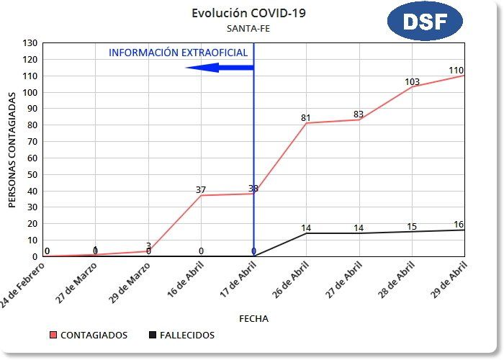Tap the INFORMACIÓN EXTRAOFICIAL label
(178, 53)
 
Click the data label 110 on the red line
(456, 70)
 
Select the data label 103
(412, 82)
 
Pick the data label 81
(306, 118)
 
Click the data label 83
(359, 114)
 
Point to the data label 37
(201, 190)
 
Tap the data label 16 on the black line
(459, 225)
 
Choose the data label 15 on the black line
(412, 227)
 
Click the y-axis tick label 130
(30, 42)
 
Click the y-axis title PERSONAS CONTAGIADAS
(12, 149)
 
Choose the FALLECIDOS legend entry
(181, 335)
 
